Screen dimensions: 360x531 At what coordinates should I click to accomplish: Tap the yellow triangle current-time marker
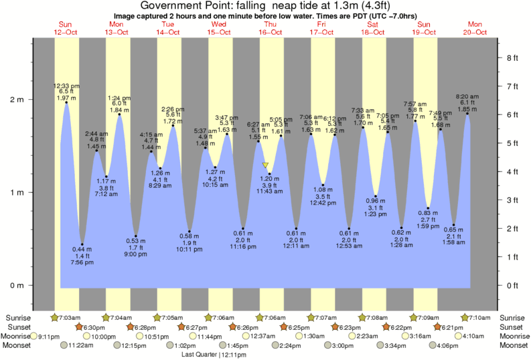point(266,165)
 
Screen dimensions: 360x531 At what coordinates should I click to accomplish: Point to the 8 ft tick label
point(512,58)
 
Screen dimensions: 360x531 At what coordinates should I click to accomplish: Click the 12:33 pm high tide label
point(66,86)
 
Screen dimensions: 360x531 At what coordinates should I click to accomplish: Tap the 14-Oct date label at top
point(168,31)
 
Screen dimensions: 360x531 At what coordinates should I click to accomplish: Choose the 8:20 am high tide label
point(467,97)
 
